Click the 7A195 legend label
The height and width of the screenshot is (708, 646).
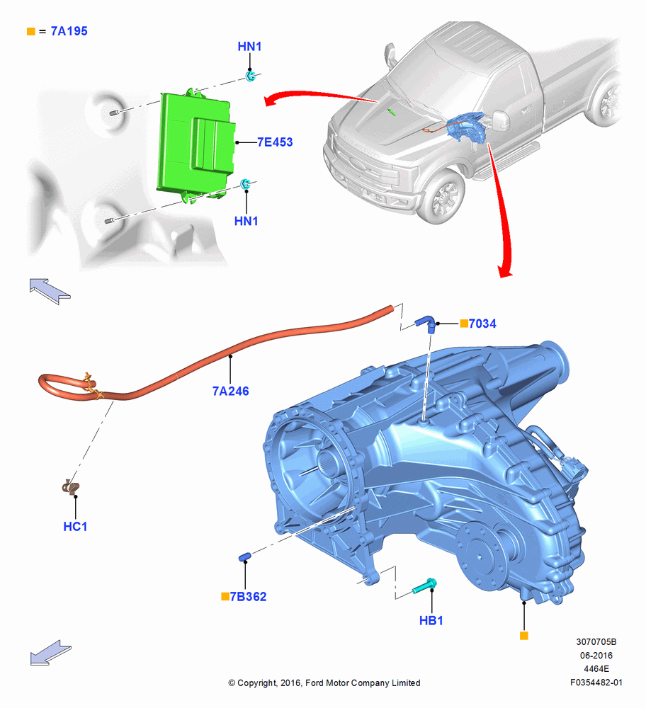[69, 31]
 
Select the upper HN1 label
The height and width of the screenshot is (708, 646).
[249, 47]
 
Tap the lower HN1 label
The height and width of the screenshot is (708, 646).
[246, 221]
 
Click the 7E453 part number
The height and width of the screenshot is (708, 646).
[275, 142]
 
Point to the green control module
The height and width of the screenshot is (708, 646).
[195, 145]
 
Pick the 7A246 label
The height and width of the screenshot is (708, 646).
[230, 391]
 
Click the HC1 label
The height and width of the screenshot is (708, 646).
[75, 527]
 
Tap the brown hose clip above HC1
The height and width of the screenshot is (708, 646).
[71, 487]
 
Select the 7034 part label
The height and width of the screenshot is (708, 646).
[482, 324]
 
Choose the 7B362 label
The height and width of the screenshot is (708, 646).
[249, 596]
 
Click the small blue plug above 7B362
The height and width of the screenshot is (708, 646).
[244, 556]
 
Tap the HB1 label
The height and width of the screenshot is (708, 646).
[431, 621]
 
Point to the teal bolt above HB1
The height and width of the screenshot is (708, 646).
[424, 586]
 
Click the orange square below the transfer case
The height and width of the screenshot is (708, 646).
[524, 636]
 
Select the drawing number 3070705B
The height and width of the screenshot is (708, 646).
[596, 641]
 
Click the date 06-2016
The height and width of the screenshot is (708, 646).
[596, 655]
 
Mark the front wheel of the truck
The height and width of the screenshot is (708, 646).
[442, 197]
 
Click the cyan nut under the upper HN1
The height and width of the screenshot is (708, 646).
[251, 76]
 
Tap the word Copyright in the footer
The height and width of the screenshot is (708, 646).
[257, 683]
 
